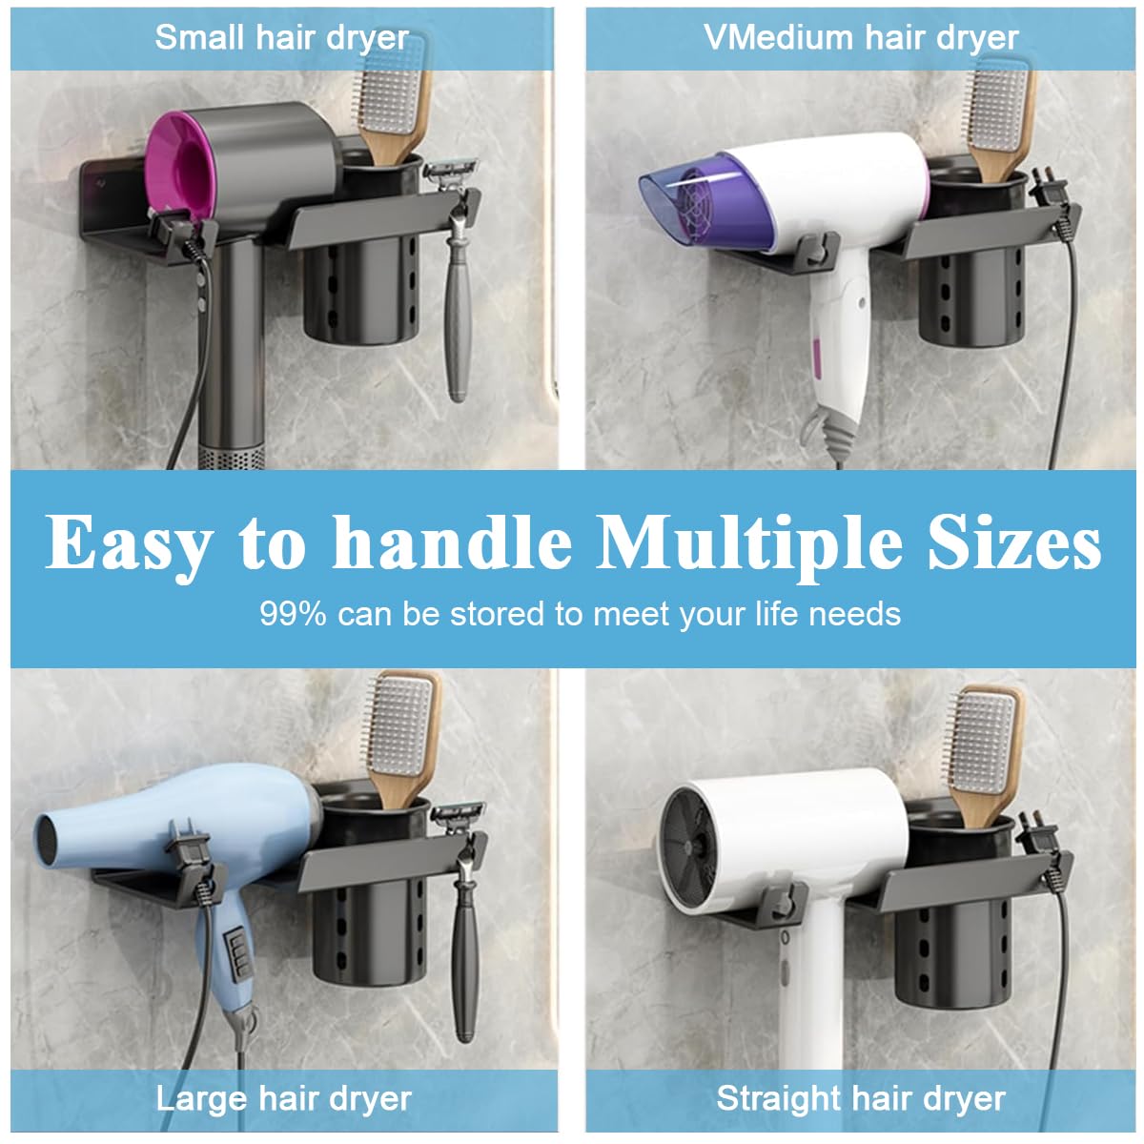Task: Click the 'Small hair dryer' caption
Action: pos(282,38)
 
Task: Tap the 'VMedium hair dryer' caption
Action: pos(861,38)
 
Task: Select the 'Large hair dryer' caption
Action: pos(283,1098)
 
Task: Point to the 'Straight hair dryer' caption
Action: pos(861,1098)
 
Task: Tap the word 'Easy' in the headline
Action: pos(129,545)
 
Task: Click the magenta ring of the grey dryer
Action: pos(181,157)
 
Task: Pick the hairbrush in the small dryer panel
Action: pos(391,105)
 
